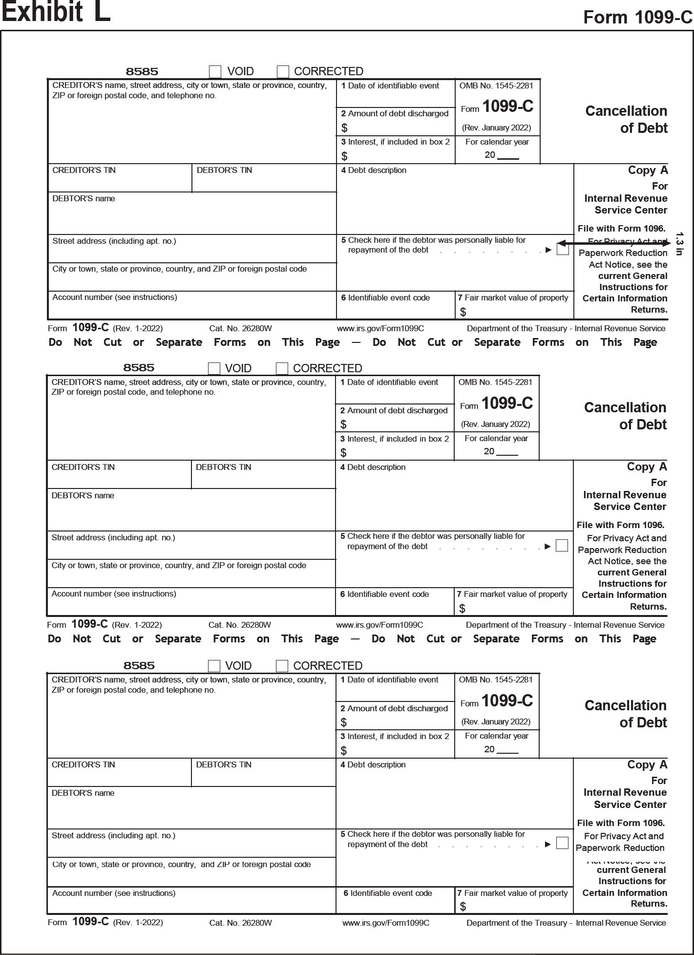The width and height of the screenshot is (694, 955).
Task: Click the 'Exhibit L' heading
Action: pyautogui.click(x=56, y=12)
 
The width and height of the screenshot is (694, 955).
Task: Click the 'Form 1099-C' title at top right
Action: pyautogui.click(x=637, y=18)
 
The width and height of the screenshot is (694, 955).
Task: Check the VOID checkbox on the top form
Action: pyautogui.click(x=215, y=72)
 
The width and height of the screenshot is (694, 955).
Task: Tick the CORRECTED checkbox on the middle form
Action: pyautogui.click(x=282, y=368)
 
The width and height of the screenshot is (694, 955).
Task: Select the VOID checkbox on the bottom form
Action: pyautogui.click(x=214, y=666)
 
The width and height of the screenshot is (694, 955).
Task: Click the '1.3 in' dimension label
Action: pyautogui.click(x=679, y=244)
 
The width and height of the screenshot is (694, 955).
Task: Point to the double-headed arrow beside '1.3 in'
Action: pyautogui.click(x=613, y=243)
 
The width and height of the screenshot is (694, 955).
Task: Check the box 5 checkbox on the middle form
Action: pyautogui.click(x=562, y=546)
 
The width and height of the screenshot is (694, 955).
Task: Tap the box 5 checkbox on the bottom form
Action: pyautogui.click(x=563, y=843)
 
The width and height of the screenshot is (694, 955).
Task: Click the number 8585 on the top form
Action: pyautogui.click(x=142, y=72)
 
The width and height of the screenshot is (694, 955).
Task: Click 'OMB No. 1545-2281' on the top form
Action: pyautogui.click(x=496, y=86)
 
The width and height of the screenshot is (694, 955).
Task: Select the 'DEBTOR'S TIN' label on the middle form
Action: pyautogui.click(x=223, y=467)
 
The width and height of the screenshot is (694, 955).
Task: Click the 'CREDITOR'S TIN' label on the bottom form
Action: pyautogui.click(x=84, y=765)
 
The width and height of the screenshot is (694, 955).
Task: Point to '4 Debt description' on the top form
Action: pyautogui.click(x=374, y=170)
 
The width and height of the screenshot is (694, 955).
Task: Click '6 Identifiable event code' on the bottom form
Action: pyautogui.click(x=387, y=893)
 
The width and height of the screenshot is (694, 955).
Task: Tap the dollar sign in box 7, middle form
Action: pyautogui.click(x=462, y=609)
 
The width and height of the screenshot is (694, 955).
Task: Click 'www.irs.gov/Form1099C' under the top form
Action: pyautogui.click(x=380, y=329)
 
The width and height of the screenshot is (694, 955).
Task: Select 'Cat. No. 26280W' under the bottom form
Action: pyautogui.click(x=240, y=923)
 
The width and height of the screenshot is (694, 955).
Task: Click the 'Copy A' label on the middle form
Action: pyautogui.click(x=647, y=467)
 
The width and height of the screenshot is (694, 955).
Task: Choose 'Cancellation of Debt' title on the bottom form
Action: pyautogui.click(x=626, y=714)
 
